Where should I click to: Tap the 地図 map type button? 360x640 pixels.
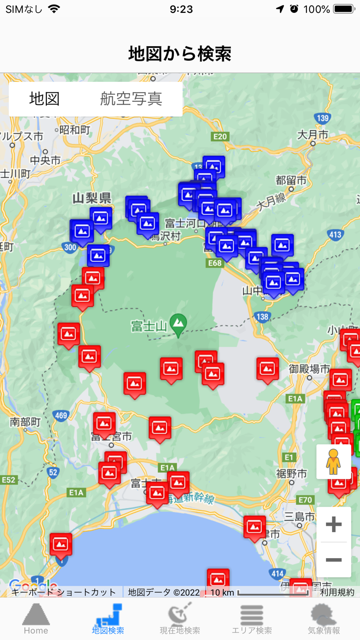(x=45, y=99)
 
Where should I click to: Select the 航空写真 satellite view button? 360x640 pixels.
(x=131, y=99)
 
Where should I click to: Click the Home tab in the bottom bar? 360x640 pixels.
(x=36, y=619)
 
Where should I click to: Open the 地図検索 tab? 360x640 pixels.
(x=108, y=619)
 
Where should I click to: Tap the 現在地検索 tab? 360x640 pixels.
(x=180, y=619)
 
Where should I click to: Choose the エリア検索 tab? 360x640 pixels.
(x=252, y=619)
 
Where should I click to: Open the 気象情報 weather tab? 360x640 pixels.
(x=324, y=619)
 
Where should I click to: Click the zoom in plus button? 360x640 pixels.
(x=334, y=525)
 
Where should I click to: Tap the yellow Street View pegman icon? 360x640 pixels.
(x=334, y=462)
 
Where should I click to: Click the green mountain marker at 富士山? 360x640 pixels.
(x=178, y=324)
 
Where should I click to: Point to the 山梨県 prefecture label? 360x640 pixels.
(x=92, y=198)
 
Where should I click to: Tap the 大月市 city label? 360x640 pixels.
(x=313, y=135)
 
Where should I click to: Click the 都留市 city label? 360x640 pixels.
(x=291, y=181)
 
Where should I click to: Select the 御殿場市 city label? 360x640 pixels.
(x=309, y=369)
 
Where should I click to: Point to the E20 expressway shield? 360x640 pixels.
(x=220, y=136)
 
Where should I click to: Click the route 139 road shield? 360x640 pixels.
(x=322, y=118)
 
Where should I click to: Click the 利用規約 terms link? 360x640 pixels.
(x=337, y=592)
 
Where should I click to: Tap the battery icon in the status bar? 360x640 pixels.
(x=344, y=9)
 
